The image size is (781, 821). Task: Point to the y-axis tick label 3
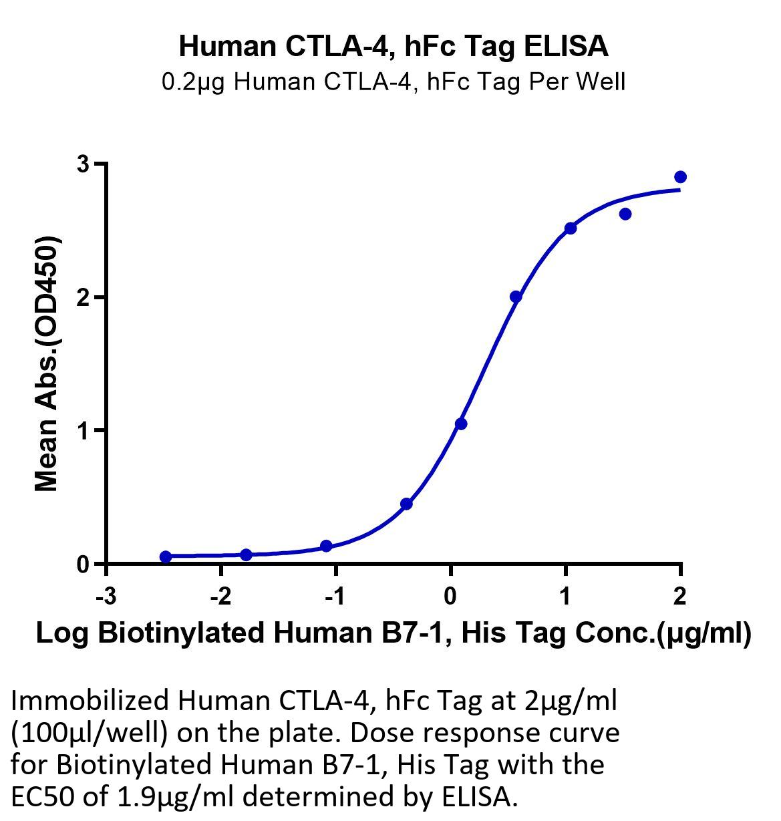click(x=84, y=164)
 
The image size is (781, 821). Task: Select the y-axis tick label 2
click(x=84, y=297)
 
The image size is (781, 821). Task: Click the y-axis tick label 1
click(x=84, y=430)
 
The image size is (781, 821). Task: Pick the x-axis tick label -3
click(x=106, y=597)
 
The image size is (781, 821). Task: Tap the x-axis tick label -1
click(x=335, y=597)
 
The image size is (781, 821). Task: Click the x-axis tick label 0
click(x=450, y=597)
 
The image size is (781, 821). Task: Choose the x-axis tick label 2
click(x=679, y=597)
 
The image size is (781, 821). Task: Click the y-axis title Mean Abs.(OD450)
click(x=47, y=363)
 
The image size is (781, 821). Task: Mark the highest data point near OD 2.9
click(x=680, y=177)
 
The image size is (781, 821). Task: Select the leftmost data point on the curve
click(x=166, y=556)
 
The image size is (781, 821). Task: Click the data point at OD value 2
click(x=516, y=297)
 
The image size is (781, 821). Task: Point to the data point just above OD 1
click(x=461, y=424)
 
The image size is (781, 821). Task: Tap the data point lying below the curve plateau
click(x=625, y=214)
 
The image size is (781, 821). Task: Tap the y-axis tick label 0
click(x=84, y=564)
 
